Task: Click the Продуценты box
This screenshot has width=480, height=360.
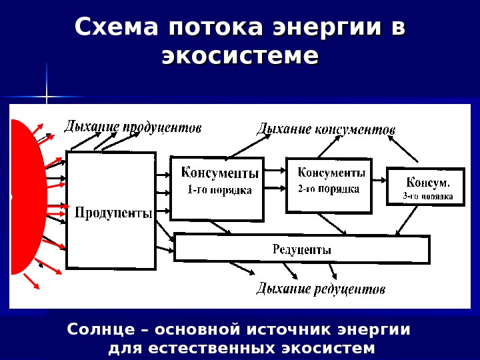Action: (111, 211)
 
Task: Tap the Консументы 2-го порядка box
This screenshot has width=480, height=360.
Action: (328, 184)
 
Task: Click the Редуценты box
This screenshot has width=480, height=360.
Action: (301, 249)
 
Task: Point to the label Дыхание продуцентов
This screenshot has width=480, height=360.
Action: (132, 127)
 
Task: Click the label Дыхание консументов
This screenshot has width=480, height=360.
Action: (326, 129)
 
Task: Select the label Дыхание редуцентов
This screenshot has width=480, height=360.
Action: (321, 289)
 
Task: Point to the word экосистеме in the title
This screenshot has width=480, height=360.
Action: (240, 56)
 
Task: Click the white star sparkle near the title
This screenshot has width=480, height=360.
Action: (47, 97)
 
